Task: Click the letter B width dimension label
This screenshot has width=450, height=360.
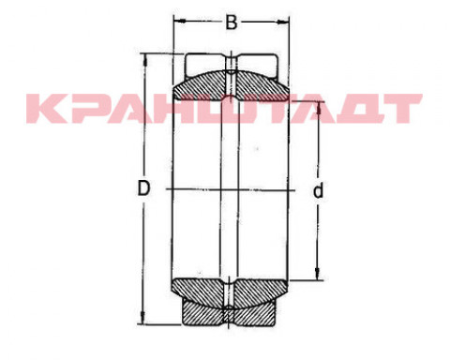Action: (232, 22)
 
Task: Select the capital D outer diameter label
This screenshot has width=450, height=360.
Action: (143, 187)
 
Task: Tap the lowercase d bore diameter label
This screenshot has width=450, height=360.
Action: (318, 190)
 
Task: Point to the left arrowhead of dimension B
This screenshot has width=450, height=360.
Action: (179, 22)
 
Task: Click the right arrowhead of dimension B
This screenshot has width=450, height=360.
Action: (283, 22)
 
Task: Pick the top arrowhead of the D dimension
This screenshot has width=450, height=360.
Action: (145, 60)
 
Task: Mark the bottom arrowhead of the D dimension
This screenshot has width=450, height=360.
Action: (143, 318)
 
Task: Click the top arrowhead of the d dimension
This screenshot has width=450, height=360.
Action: (319, 107)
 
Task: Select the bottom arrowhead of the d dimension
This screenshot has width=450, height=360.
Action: (318, 274)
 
